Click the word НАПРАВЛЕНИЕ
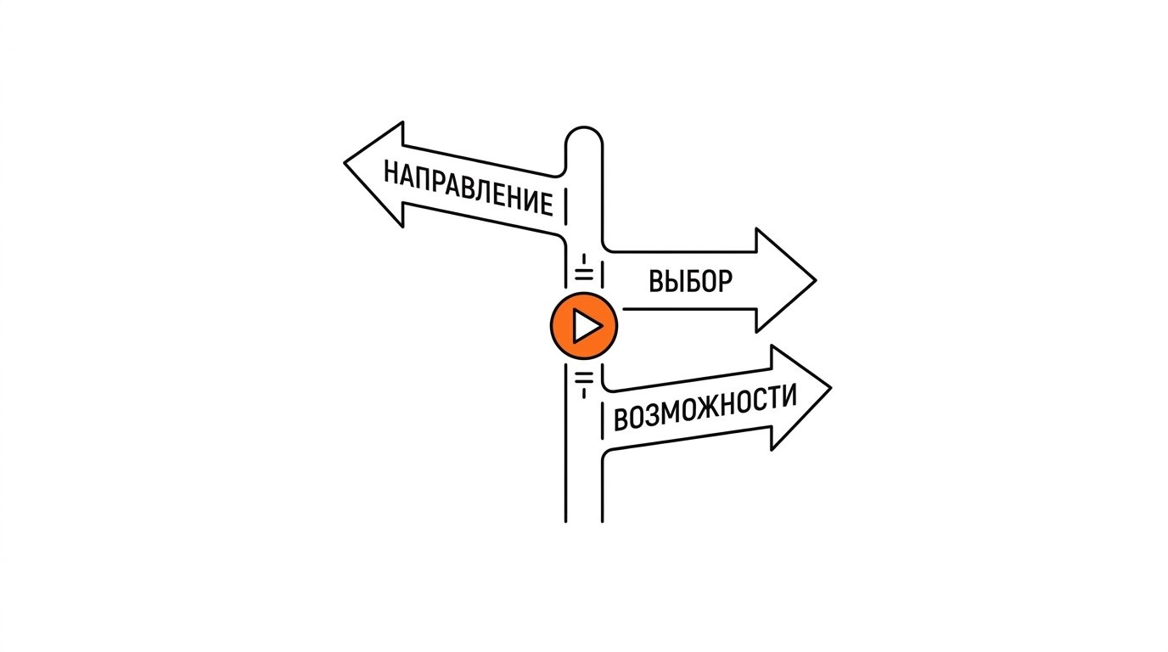click(469, 188)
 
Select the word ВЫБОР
click(690, 281)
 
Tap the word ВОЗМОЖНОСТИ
click(705, 407)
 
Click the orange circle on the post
click(584, 326)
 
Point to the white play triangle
click(586, 327)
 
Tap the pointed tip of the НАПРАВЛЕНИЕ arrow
click(344, 163)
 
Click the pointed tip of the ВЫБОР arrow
click(816, 281)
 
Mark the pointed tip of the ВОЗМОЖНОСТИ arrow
click(831, 387)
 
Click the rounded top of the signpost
click(584, 127)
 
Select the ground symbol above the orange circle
click(584, 268)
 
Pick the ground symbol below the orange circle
click(584, 385)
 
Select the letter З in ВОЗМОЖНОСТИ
click(652, 415)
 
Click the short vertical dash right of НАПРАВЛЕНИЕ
click(565, 208)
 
